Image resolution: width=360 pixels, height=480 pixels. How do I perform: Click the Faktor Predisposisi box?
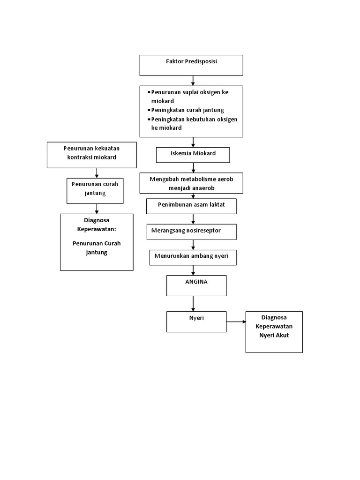pos(191,65)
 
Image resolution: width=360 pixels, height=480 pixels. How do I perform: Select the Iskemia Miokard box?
pos(193,155)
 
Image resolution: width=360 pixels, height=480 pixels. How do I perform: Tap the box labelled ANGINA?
pos(196,285)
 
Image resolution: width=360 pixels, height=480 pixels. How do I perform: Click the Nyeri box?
pos(196,322)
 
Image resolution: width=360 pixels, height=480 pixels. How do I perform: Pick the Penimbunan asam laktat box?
pos(191,206)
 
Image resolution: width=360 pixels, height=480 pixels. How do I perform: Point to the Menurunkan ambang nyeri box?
pos(193,257)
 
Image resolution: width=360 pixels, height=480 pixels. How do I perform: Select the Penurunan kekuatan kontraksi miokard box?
pos(92,155)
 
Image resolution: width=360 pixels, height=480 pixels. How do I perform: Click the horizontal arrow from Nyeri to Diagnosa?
pos(236,322)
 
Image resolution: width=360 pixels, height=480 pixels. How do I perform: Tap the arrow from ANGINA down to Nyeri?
pos(193,304)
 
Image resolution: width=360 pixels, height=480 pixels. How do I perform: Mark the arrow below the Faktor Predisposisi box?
pos(193,81)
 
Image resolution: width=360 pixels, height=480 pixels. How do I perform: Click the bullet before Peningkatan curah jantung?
pos(149,110)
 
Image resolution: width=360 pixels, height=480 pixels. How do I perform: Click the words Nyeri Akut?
pos(274,335)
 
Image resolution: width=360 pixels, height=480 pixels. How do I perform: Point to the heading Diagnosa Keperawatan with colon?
pos(97,225)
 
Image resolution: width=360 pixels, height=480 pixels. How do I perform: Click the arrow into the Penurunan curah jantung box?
pos(97,172)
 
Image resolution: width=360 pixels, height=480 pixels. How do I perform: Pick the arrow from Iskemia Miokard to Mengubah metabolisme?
pos(193,168)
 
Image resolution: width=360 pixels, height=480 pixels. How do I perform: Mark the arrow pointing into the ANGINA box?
pos(193,270)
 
